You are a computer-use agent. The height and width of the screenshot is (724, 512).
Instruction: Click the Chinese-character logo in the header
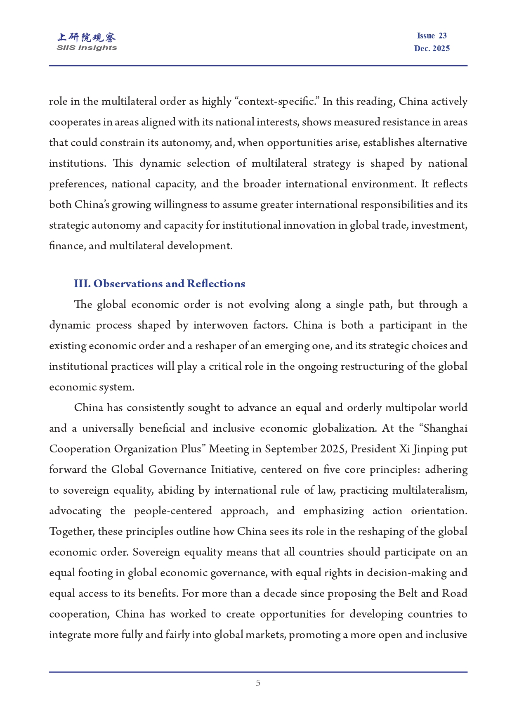pos(87,38)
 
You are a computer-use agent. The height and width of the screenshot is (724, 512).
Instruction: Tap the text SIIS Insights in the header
pos(87,48)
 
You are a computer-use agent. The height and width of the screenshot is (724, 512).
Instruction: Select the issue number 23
pos(442,36)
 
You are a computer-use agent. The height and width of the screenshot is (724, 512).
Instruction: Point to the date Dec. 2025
pos(432,49)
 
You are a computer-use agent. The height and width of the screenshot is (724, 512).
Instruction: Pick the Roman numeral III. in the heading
pos(82,284)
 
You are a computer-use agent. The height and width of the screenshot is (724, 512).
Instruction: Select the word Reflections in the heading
pos(216,284)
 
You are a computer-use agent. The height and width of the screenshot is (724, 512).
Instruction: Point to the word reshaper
pos(215,346)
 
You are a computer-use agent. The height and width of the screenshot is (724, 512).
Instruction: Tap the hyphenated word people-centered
pos(173,511)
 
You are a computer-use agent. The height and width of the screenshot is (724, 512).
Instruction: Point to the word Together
pos(72,532)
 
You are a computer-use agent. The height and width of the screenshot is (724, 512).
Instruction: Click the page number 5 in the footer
pos(258,683)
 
